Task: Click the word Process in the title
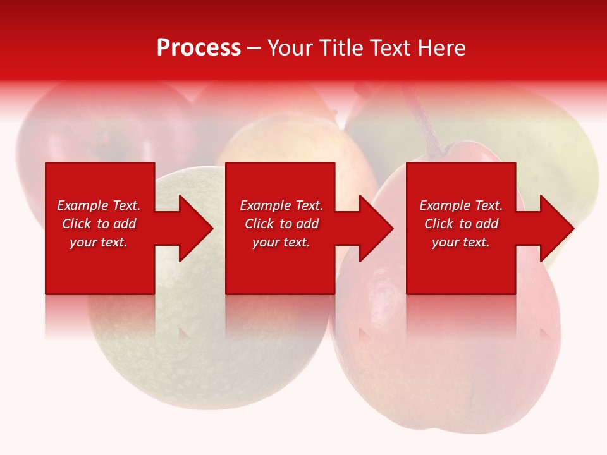coord(199,48)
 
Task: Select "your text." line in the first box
coord(99,242)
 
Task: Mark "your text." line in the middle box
coord(281,242)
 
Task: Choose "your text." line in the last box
coord(461,242)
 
